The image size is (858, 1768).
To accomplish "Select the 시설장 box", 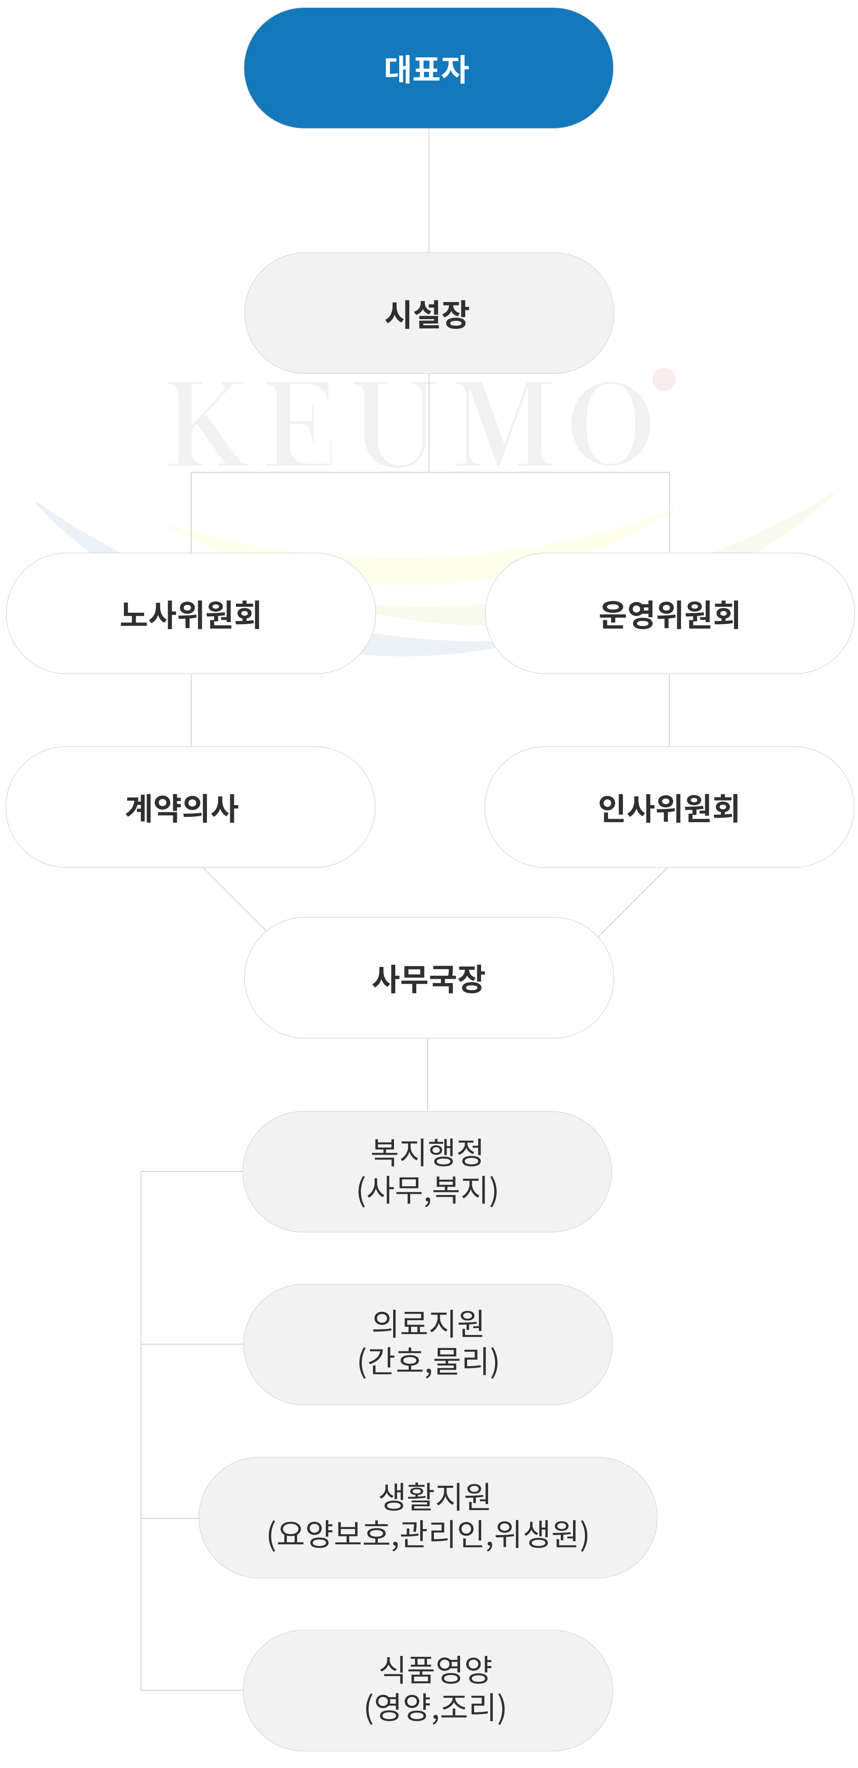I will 428,313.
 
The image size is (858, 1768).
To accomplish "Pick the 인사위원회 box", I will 669,807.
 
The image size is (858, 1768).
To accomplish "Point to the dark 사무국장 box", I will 428,977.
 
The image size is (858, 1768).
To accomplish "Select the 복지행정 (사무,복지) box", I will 427,1171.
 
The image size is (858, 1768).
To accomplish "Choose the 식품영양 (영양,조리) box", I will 428,1690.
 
